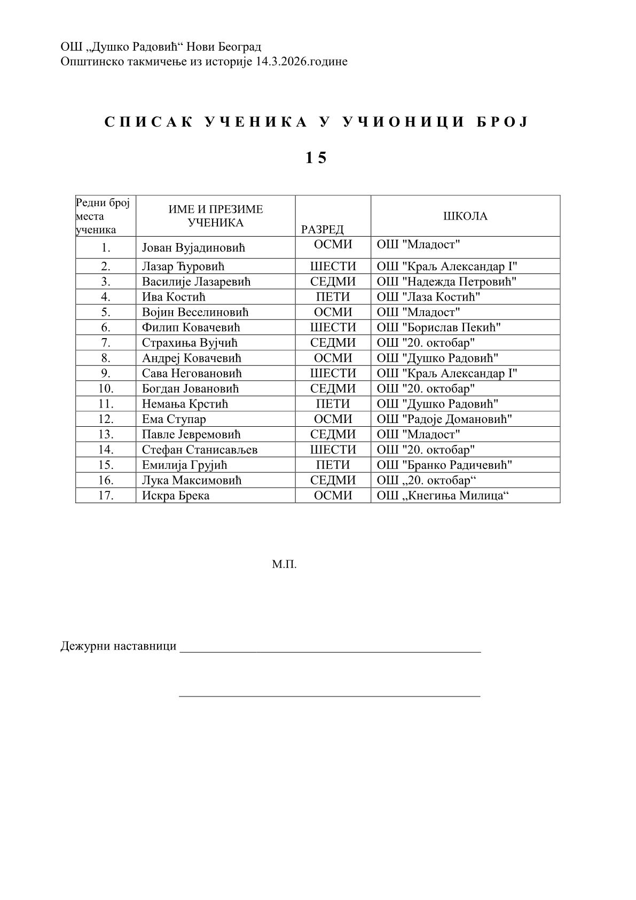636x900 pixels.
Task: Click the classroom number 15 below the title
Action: pos(316,158)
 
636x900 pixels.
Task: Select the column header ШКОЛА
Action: pos(465,216)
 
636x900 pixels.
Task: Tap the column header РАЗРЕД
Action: pos(322,230)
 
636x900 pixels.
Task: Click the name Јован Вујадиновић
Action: pos(193,248)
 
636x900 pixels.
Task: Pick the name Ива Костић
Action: pos(174,297)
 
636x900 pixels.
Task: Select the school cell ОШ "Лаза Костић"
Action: pos(428,297)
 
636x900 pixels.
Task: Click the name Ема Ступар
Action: pos(174,419)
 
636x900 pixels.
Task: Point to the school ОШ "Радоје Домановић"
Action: pos(444,419)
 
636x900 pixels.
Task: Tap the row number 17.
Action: pos(106,496)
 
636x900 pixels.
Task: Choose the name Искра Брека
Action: pos(176,496)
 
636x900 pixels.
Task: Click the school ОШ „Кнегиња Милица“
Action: pos(442,496)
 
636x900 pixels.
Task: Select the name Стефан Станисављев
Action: pos(200,450)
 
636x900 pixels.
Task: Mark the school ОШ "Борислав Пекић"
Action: pos(439,327)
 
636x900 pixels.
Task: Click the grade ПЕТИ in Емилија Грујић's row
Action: pos(333,465)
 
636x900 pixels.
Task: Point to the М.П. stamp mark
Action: pos(284,564)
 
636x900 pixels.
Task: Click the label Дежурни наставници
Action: pos(119,646)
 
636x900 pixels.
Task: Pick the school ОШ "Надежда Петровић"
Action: pos(446,281)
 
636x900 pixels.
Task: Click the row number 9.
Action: pos(106,373)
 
